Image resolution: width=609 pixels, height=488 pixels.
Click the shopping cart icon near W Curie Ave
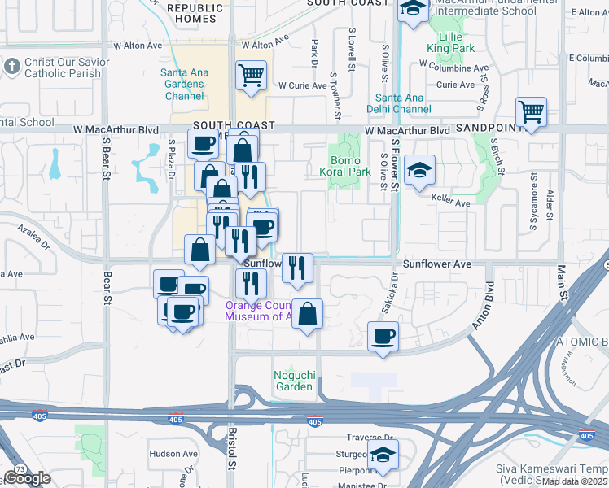[251, 76]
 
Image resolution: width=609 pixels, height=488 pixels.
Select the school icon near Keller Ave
[420, 170]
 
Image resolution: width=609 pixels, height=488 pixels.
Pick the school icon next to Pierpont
[381, 456]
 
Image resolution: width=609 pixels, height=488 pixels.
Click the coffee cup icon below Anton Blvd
[383, 336]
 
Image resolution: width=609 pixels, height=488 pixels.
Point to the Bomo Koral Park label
[351, 166]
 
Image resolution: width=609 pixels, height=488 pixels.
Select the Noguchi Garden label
[293, 381]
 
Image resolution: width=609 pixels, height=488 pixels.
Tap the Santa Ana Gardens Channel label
[184, 85]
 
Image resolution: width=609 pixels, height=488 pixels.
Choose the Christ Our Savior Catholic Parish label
[62, 68]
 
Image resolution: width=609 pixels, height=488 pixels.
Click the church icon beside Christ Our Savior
[11, 64]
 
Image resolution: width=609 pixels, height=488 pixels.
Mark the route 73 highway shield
[18, 468]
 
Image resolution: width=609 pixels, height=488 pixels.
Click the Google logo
[27, 478]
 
